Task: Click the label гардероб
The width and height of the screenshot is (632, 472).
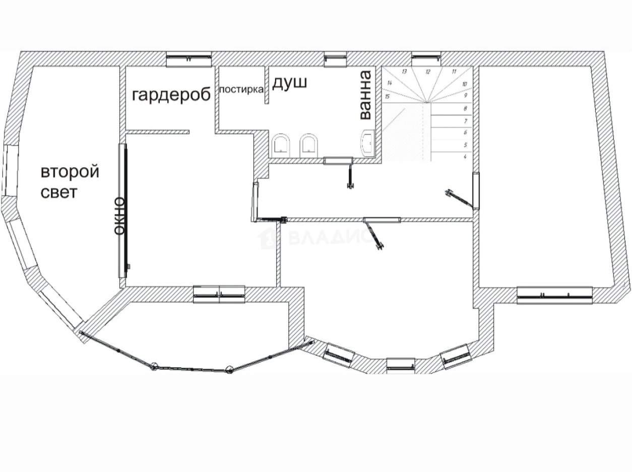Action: click(171, 95)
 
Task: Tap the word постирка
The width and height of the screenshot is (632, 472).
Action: click(241, 90)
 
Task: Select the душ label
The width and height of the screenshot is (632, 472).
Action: click(289, 83)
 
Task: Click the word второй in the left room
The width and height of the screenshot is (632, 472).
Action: click(70, 172)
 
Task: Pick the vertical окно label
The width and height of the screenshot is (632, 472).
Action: click(119, 216)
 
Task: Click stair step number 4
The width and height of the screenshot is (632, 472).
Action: click(464, 157)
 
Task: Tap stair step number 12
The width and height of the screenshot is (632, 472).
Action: click(428, 72)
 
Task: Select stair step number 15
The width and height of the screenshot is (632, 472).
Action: click(387, 96)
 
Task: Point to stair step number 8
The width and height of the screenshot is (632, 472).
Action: click(465, 108)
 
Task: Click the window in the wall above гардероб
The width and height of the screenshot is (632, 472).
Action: click(188, 59)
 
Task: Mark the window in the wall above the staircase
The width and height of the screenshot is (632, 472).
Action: click(426, 59)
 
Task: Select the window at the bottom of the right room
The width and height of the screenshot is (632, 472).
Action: click(554, 295)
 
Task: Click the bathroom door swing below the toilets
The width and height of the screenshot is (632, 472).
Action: click(348, 175)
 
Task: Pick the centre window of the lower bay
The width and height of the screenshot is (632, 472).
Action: click(401, 365)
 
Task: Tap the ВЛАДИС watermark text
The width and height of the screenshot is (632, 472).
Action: click(330, 237)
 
